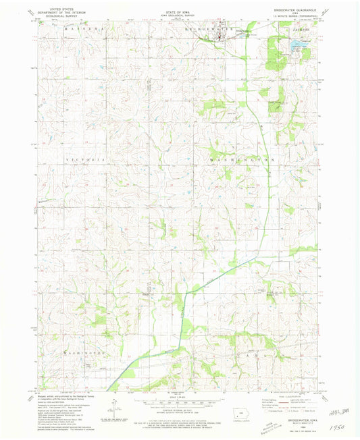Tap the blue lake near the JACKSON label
(x=297, y=47)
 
